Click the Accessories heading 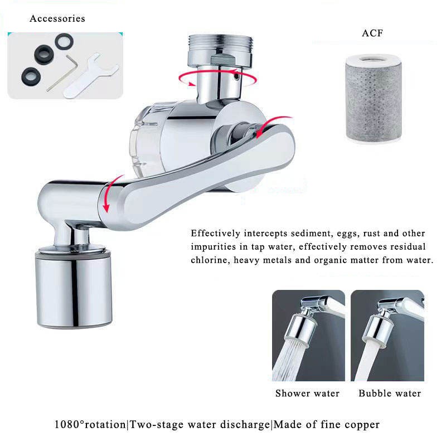pos(57,18)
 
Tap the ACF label pos(372,33)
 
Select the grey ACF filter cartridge pos(374,98)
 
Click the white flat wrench pos(90,76)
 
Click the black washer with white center pos(64,41)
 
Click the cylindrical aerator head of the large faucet pos(74,289)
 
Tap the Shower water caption pos(307,394)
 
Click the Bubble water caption pos(390,394)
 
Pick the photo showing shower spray pos(308,336)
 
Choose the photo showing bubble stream pos(387,336)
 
